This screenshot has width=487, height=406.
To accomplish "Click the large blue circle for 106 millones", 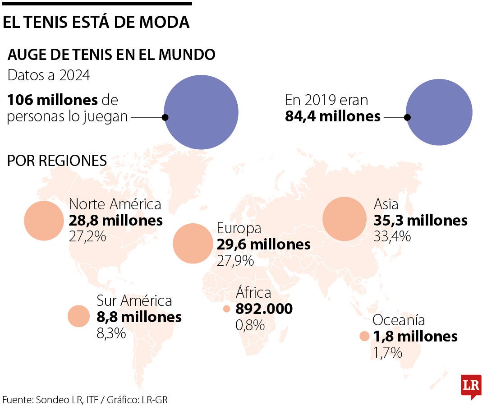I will [x=201, y=112].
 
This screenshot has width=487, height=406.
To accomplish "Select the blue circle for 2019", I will [x=439, y=112].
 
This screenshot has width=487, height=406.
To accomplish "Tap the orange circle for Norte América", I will [x=44, y=221].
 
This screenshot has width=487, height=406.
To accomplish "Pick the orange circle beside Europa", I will [x=193, y=244].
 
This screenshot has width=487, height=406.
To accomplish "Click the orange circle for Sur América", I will [x=79, y=316].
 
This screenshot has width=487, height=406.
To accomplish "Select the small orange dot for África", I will [x=226, y=309].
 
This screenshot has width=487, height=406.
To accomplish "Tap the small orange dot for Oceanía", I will [x=364, y=336].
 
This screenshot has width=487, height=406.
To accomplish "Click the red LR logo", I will [x=471, y=386].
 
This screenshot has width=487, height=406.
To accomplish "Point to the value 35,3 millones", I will [x=420, y=221].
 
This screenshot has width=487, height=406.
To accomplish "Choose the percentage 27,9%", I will [x=235, y=260].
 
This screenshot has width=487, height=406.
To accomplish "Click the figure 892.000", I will [x=264, y=309].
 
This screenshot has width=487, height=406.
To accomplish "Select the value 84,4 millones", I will [x=333, y=116].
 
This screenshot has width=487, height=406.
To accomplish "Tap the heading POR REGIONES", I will [x=57, y=161].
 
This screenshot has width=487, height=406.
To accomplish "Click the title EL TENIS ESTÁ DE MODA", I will [x=96, y=23].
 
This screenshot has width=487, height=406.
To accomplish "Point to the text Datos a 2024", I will [x=49, y=75].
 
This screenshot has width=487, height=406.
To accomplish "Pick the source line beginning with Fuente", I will [x=85, y=399].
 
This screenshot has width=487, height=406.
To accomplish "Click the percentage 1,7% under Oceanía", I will [x=387, y=352].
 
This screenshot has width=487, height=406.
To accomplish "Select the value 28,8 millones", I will [x=115, y=221].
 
